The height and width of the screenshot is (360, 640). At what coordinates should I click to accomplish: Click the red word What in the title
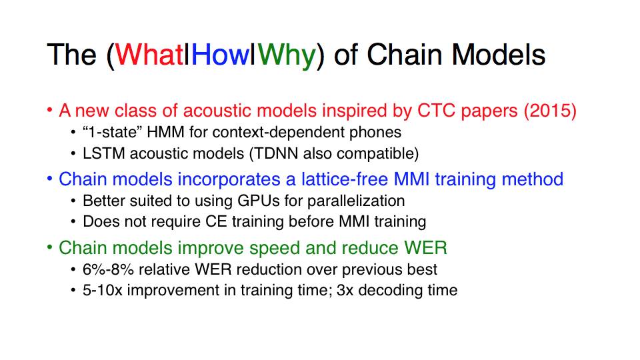tap(149, 55)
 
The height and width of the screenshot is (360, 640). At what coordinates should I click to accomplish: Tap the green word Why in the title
tap(287, 56)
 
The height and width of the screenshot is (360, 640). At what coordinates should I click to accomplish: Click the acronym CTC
tap(436, 111)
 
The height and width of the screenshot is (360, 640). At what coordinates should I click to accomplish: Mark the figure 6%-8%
tap(108, 269)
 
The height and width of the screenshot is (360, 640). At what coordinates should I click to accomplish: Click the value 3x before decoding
tap(345, 290)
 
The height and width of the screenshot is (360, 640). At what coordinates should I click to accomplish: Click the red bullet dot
tap(49, 110)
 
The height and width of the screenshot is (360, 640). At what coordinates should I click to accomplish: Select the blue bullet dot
tap(49, 179)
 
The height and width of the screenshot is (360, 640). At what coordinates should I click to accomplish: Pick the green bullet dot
tap(49, 247)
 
